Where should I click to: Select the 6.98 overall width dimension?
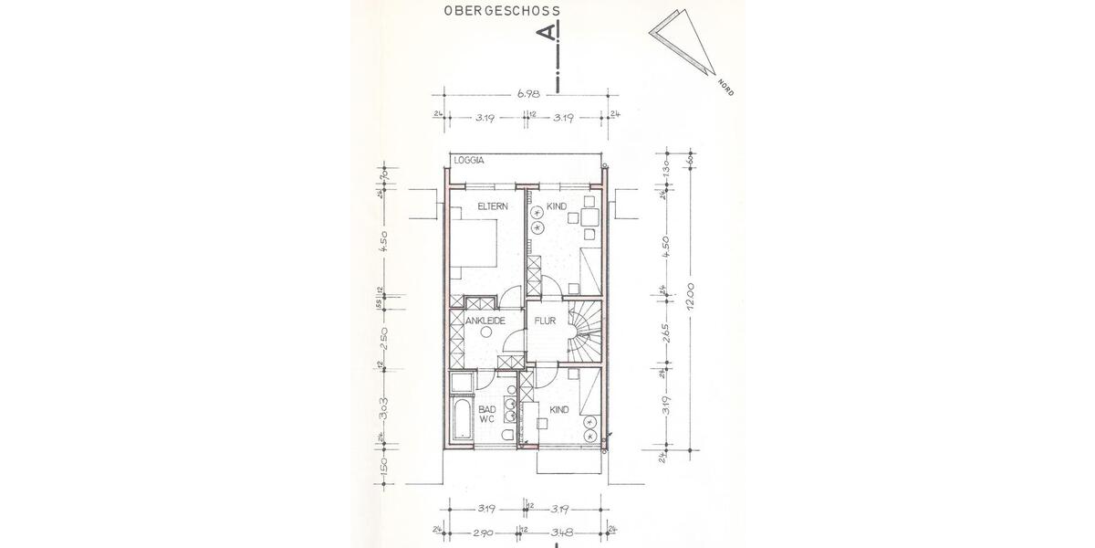(527, 92)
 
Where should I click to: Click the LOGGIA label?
(472, 161)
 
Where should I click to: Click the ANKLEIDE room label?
(485, 321)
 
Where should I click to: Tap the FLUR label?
(547, 321)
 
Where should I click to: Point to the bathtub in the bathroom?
(462, 420)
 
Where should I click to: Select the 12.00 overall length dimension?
(691, 299)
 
